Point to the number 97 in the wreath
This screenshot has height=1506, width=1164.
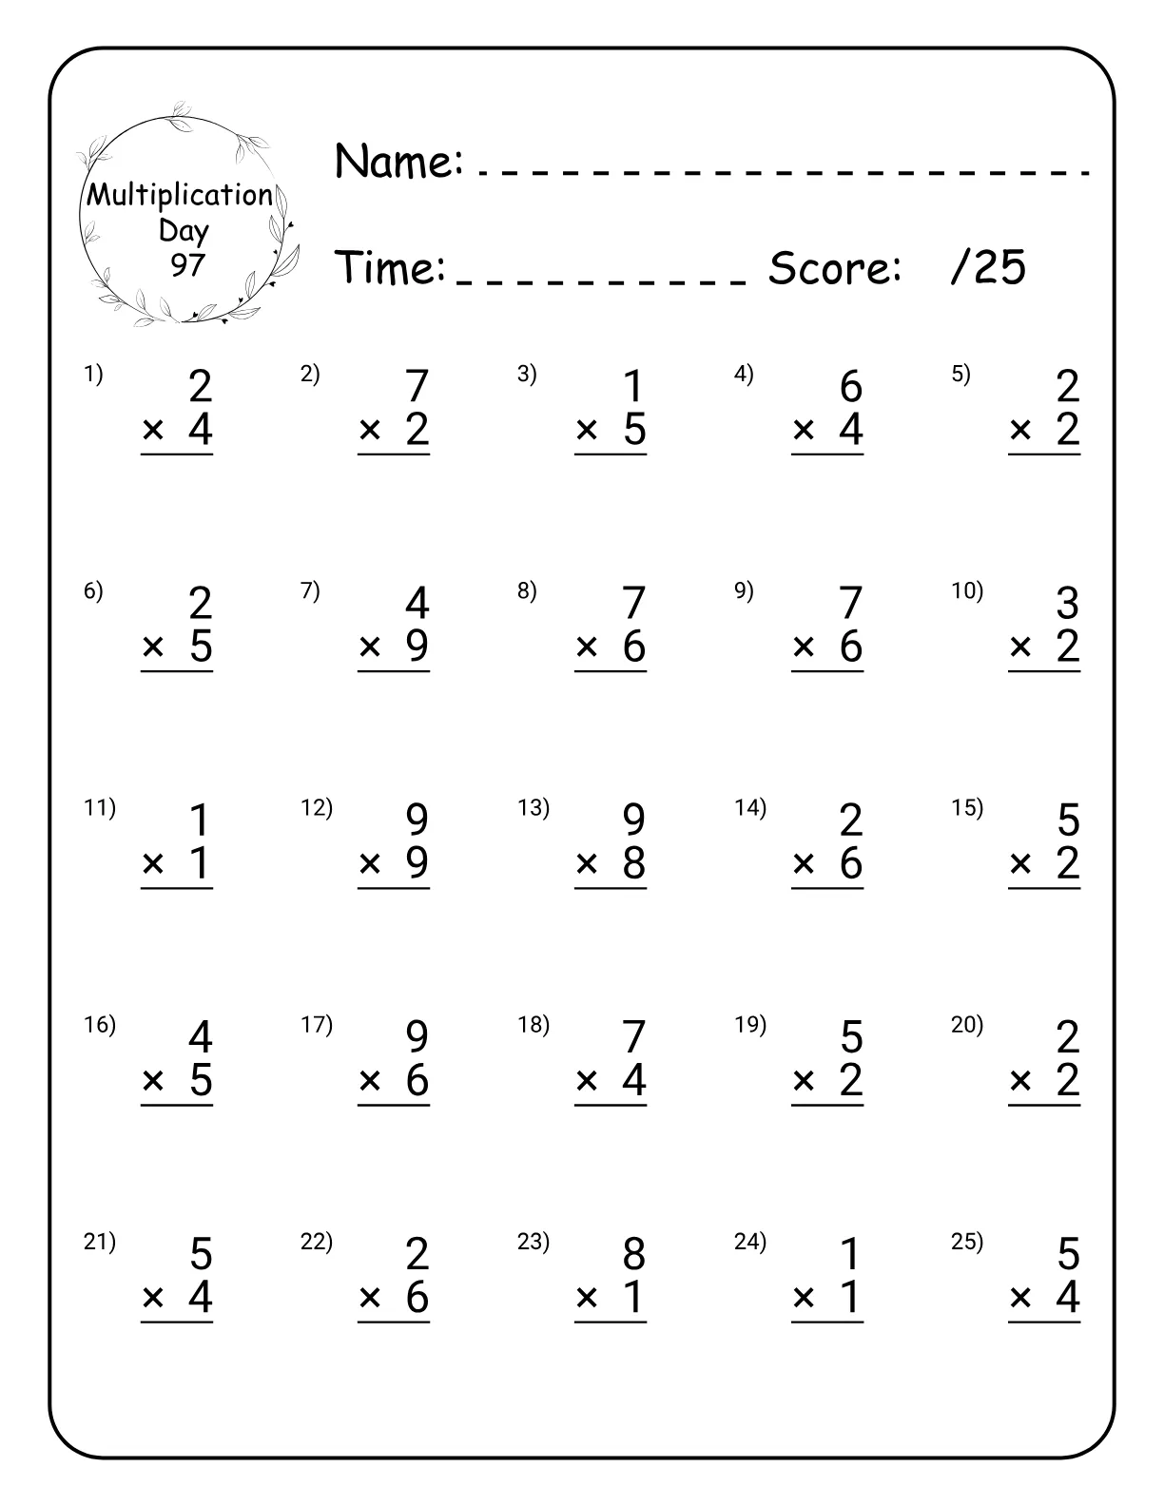click(187, 264)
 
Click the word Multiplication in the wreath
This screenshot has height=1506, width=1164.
click(180, 195)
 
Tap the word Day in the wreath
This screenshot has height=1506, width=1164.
click(184, 231)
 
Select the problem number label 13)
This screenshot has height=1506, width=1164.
click(533, 807)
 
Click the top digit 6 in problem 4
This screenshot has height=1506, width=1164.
click(850, 387)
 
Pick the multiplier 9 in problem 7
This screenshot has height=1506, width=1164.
click(417, 647)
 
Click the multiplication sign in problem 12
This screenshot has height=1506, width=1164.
click(370, 864)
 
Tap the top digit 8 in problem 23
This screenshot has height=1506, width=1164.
click(633, 1254)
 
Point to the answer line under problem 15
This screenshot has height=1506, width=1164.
click(1044, 889)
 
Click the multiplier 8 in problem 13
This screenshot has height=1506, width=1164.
click(633, 863)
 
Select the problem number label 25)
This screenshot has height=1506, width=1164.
click(967, 1241)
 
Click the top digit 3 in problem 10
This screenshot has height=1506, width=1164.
click(1067, 604)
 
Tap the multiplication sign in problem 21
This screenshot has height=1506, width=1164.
click(153, 1298)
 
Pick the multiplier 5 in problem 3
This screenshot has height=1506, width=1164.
click(633, 430)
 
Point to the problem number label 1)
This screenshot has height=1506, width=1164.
click(93, 374)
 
